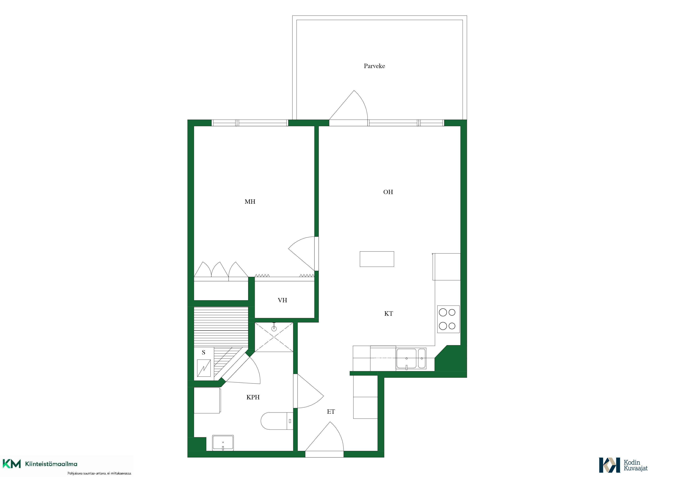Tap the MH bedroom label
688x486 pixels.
pyautogui.click(x=250, y=202)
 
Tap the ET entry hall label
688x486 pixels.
pyautogui.click(x=331, y=412)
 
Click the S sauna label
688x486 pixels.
pyautogui.click(x=203, y=352)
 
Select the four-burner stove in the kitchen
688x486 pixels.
pyautogui.click(x=448, y=319)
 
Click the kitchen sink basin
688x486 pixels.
pyautogui.click(x=406, y=358)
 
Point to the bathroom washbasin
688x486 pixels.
pyautogui.click(x=223, y=443)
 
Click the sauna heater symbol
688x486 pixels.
pyautogui.click(x=204, y=368)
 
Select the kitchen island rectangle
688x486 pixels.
pyautogui.click(x=377, y=259)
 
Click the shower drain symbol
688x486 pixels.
pyautogui.click(x=274, y=329)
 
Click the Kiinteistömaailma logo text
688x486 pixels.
pyautogui.click(x=51, y=464)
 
